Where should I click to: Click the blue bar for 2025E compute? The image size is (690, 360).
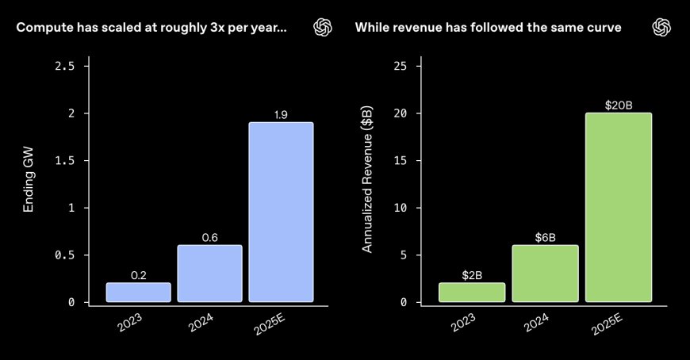click(x=281, y=212)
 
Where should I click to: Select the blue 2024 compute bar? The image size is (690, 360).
click(x=209, y=273)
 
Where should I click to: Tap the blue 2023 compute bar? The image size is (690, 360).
click(x=138, y=292)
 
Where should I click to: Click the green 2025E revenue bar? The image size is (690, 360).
click(x=619, y=207)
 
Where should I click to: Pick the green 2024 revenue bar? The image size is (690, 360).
click(x=545, y=273)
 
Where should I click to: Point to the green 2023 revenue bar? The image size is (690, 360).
click(x=472, y=292)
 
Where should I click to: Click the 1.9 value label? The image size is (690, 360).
click(x=280, y=115)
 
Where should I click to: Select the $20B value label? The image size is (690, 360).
click(x=619, y=105)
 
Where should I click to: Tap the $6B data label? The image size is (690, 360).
click(x=545, y=237)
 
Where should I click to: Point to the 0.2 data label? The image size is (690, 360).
click(x=138, y=275)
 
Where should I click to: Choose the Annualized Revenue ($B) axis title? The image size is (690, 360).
click(x=367, y=184)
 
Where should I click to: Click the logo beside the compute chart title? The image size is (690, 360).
click(x=323, y=28)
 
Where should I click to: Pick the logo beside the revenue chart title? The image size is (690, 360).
click(x=661, y=28)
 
